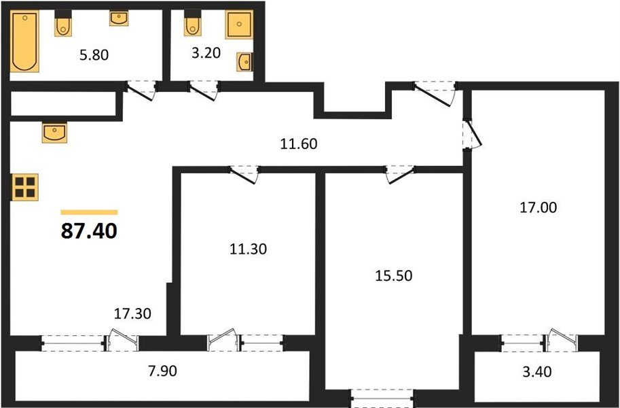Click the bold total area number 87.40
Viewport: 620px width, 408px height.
tap(89, 231)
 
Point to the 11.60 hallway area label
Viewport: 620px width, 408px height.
tap(299, 143)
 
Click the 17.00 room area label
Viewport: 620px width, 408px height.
tap(538, 207)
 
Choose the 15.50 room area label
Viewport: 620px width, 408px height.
tap(393, 276)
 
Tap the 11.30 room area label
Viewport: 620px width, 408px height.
tap(247, 249)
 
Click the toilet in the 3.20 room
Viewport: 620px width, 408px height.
tap(191, 25)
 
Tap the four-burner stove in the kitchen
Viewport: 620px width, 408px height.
tap(26, 186)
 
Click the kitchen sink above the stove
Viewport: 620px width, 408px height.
tap(54, 132)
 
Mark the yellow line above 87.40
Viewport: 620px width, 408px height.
tap(89, 212)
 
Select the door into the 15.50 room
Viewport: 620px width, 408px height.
tap(399, 175)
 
